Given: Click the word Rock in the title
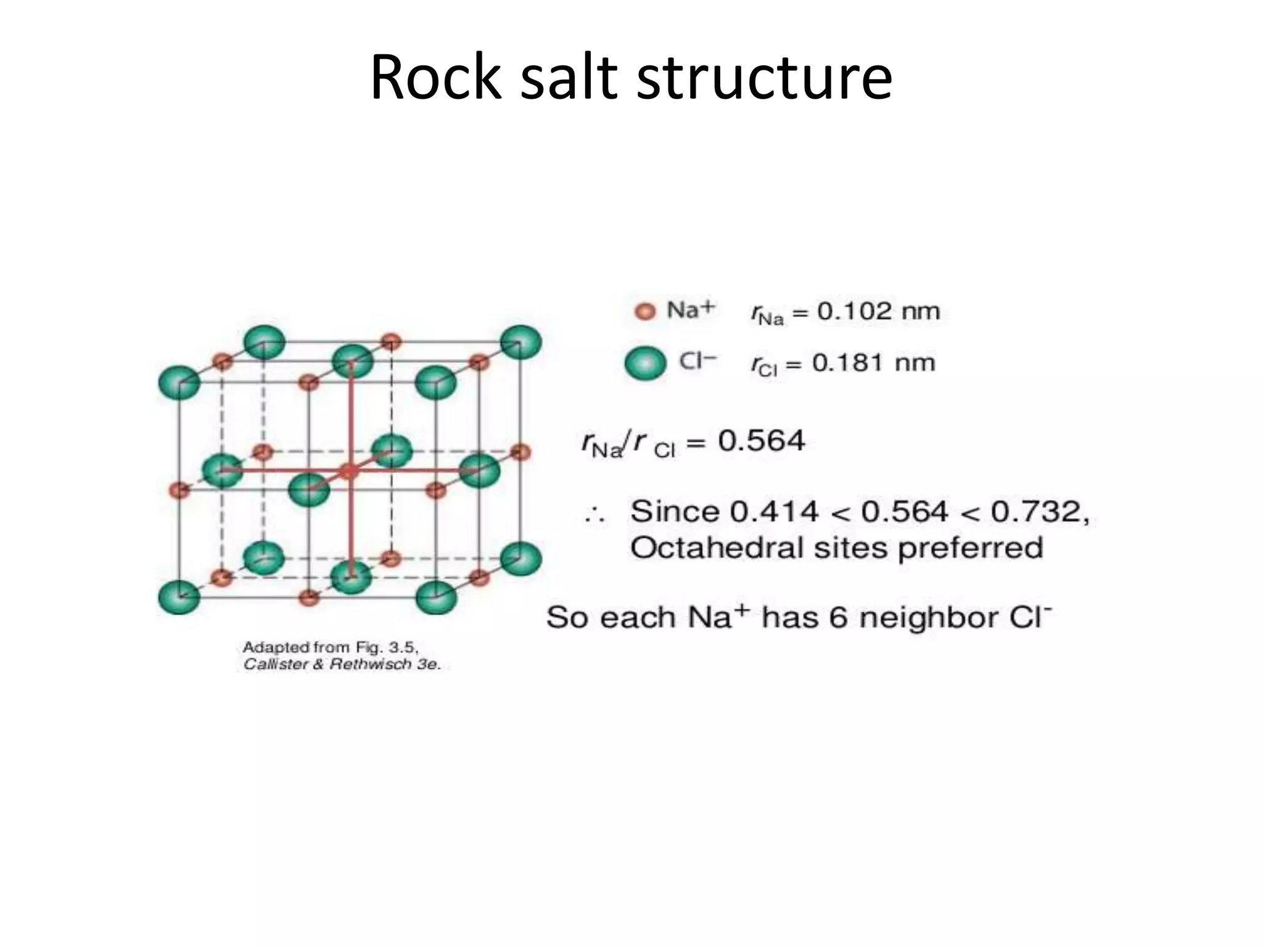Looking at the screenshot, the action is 436,78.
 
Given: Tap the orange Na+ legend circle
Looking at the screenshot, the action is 646,311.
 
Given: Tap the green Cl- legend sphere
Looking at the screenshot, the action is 646,363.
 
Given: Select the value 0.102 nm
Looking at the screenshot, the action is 878,311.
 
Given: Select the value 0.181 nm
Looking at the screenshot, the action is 873,363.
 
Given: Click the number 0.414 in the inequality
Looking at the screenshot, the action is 774,512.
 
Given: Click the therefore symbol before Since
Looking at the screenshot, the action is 595,514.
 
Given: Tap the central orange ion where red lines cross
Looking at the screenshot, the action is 350,471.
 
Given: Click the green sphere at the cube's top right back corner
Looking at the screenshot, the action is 520,343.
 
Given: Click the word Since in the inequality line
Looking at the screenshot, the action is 675,512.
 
